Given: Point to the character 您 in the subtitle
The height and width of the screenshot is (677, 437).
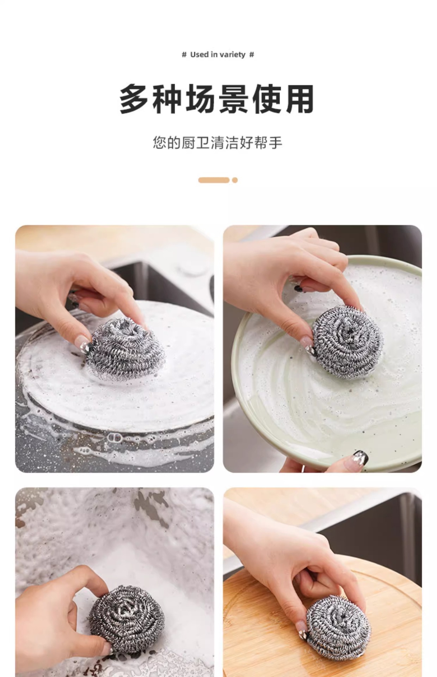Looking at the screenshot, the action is click(160, 143).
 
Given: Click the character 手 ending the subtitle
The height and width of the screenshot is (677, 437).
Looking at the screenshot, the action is click(276, 143).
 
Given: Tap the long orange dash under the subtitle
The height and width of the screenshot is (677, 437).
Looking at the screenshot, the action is click(214, 180).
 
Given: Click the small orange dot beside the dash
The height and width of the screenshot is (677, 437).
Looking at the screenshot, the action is click(235, 180).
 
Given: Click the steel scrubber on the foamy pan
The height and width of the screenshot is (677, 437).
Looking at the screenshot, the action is click(125, 349).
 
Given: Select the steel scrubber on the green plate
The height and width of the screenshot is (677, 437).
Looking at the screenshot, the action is click(347, 341).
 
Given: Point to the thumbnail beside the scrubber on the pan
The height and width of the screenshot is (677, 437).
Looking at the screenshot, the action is click(83, 342).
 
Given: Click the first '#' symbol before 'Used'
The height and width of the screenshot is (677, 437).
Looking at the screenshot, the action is click(184, 55).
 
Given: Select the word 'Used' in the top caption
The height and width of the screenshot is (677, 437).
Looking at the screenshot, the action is click(199, 55).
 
